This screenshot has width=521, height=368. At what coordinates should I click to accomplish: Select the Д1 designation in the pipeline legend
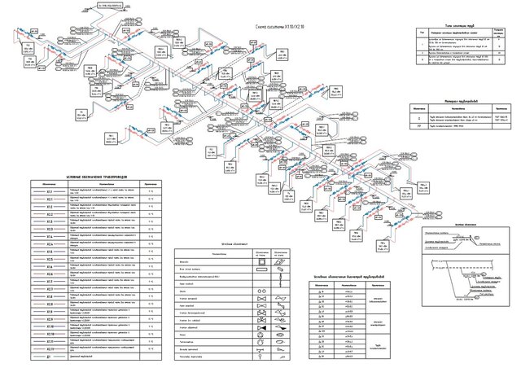50,357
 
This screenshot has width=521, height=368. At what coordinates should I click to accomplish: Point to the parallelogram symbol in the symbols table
279,261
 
